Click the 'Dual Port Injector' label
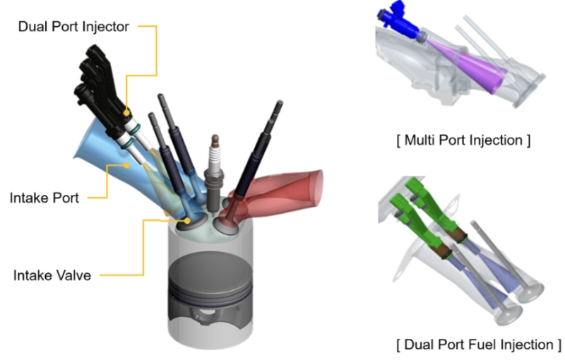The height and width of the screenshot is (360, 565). (x=73, y=27)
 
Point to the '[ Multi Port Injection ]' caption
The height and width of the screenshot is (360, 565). (x=463, y=140)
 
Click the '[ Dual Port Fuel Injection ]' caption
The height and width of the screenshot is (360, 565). (x=479, y=344)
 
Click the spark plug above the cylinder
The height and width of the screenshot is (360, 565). (x=212, y=169)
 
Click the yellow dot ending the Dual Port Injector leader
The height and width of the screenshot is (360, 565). (x=127, y=111)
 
